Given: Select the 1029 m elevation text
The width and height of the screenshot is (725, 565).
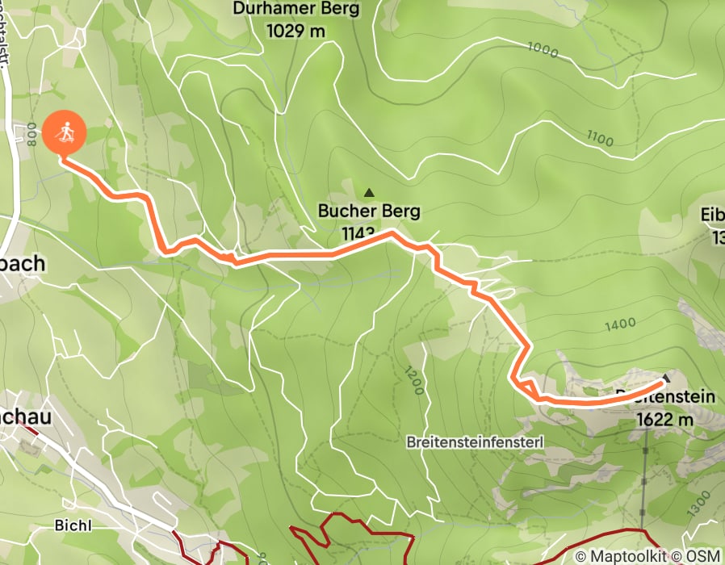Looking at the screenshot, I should point(295,31).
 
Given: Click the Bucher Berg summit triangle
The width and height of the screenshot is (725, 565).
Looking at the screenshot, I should point(370,193).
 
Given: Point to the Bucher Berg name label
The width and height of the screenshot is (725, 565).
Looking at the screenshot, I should point(369,212).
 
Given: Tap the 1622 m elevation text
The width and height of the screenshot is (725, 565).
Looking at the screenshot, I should point(665,420).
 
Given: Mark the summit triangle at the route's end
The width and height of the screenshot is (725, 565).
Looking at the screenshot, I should point(666,378).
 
